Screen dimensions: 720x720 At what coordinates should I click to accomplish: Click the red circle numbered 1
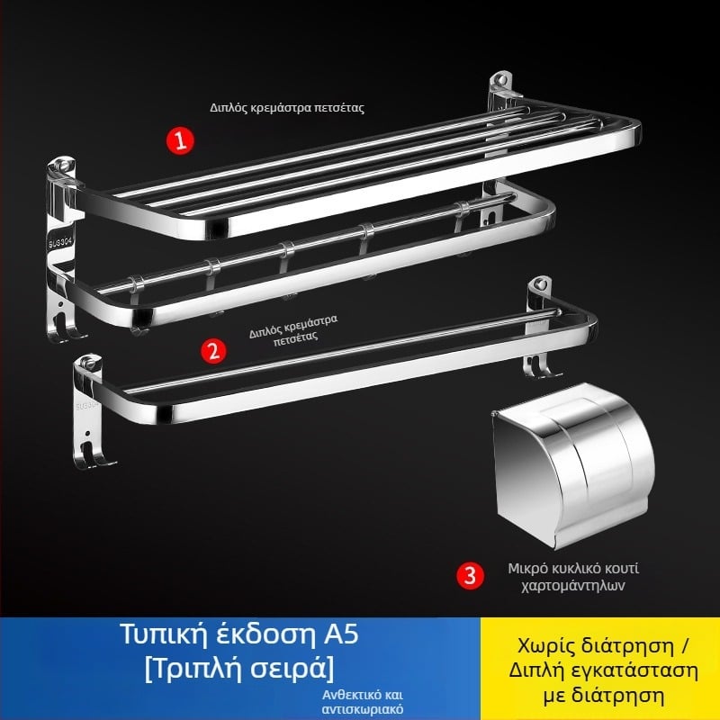coord(180,140)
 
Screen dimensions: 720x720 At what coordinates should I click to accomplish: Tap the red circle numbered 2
coord(213,351)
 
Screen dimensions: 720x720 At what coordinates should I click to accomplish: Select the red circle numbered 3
coord(470,575)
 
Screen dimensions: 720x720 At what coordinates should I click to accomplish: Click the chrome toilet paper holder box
coord(573,465)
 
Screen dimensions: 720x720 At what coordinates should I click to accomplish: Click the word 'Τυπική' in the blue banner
coord(165,635)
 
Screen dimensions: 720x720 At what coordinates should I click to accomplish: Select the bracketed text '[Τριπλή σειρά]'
coord(239,669)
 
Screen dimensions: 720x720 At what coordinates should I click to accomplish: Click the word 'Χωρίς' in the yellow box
coord(546,646)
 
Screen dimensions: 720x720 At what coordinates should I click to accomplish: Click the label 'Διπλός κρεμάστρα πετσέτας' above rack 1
coord(287,108)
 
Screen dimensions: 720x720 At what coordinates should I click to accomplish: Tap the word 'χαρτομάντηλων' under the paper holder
coord(573,586)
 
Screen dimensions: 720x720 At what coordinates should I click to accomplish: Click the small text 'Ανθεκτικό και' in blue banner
coord(363,694)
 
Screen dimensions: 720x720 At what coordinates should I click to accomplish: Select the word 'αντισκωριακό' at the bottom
coord(363,709)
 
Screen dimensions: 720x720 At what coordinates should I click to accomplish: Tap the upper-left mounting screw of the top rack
coord(62,164)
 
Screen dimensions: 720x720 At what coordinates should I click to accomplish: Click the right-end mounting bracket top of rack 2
coord(539,284)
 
